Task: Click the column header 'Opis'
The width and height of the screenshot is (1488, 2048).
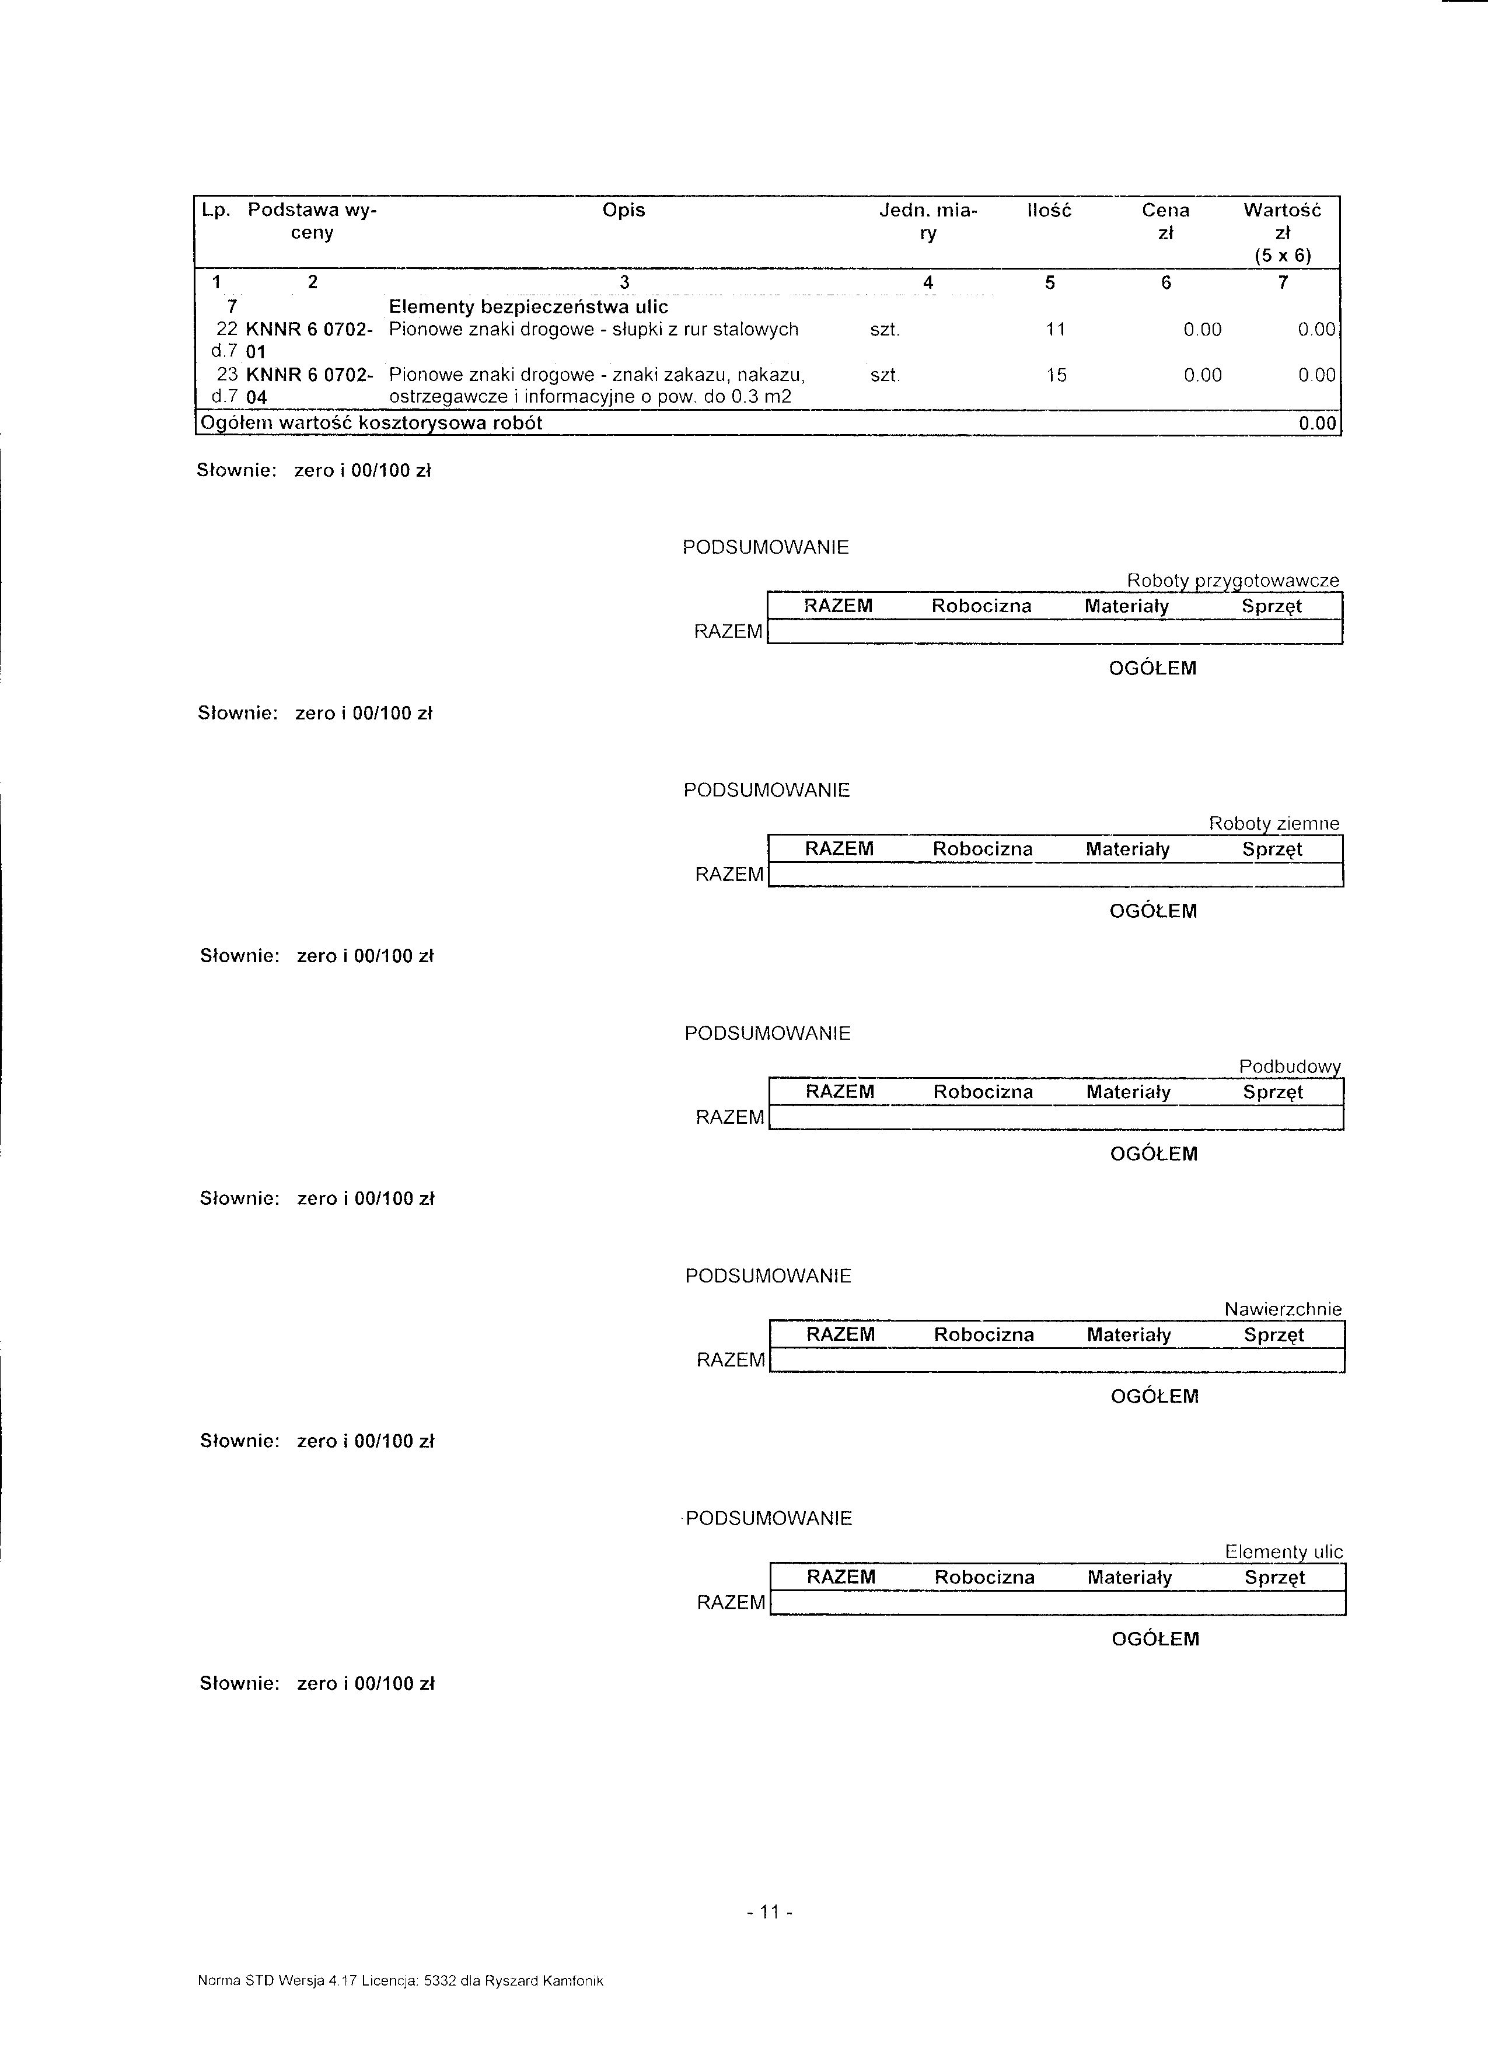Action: [x=623, y=211]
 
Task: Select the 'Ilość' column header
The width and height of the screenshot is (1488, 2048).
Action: [x=1049, y=211]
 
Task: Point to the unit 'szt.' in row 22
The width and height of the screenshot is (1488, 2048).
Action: [x=885, y=330]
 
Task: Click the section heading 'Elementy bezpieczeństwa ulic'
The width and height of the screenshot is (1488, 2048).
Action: [x=528, y=307]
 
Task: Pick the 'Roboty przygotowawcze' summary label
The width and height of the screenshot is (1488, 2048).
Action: [x=1232, y=580]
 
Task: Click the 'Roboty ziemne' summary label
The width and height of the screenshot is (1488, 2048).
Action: [x=1274, y=823]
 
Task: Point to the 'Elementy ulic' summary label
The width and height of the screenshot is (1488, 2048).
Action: [x=1284, y=1551]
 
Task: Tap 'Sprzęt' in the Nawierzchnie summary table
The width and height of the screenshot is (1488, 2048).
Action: [x=1273, y=1334]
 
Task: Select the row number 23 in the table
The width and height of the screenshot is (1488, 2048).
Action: [x=228, y=375]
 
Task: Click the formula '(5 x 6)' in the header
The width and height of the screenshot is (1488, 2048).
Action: [x=1282, y=256]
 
